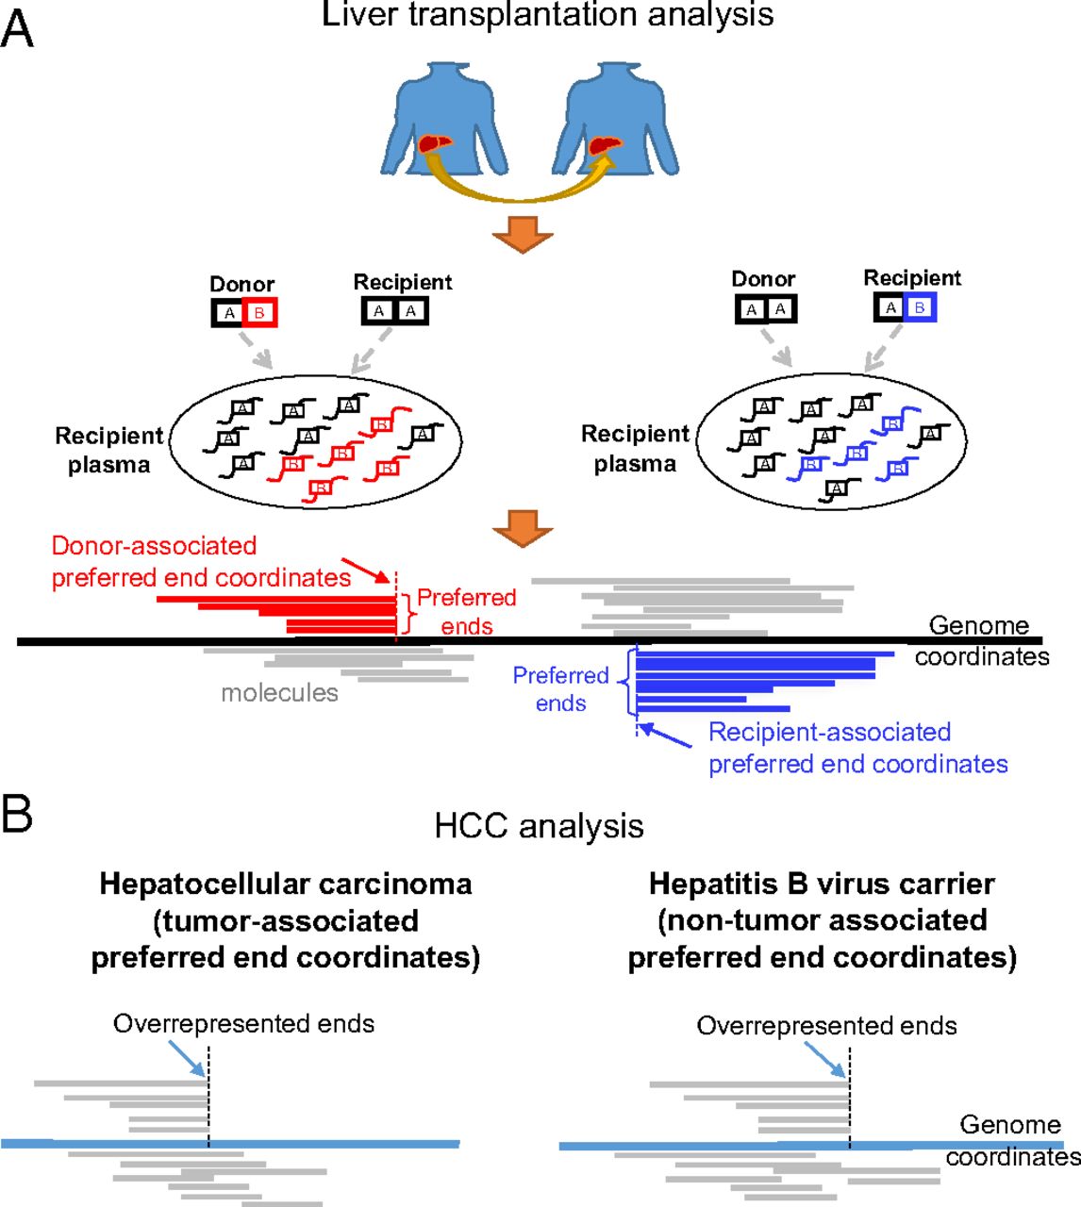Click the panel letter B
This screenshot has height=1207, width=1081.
[17, 814]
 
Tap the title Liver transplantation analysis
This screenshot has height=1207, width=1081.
[547, 14]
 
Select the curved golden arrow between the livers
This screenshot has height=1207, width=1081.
[520, 189]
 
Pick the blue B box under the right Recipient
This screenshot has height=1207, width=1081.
[919, 307]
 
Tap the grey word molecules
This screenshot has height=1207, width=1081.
[279, 693]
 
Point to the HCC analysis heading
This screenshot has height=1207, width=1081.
[539, 825]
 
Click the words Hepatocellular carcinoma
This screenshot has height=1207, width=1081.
[286, 884]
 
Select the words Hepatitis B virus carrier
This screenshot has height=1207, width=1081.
[822, 884]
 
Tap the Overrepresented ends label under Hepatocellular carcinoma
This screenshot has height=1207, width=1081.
[243, 1024]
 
